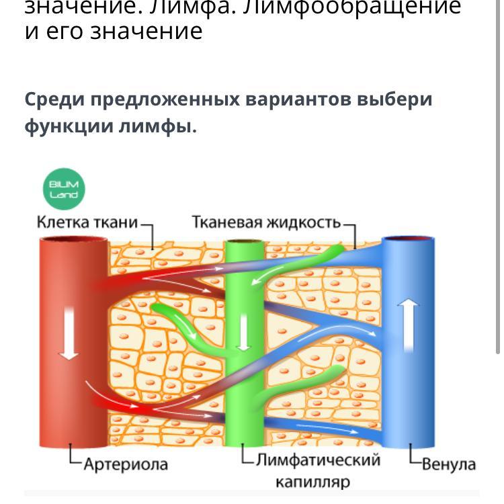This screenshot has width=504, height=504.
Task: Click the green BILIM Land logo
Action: [65, 190]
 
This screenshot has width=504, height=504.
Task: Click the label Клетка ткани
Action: [87, 222]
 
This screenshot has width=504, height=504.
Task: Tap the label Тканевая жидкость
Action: [266, 222]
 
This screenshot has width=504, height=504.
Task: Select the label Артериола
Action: [125, 464]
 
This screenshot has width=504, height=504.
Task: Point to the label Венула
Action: [449, 464]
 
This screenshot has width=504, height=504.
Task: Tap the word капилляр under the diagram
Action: [312, 482]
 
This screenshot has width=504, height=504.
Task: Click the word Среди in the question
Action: [54, 99]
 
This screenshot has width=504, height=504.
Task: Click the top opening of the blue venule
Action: [407, 239]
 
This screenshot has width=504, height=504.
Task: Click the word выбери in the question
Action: [394, 99]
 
